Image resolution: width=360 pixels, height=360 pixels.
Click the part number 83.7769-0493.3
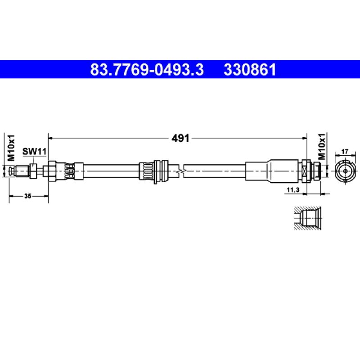point(147,70)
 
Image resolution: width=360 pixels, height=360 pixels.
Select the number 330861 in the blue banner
point(250,70)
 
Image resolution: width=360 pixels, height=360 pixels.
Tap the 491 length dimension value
point(180,138)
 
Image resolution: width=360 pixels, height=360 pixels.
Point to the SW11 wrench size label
point(34,152)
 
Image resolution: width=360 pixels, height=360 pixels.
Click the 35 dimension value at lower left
point(28,196)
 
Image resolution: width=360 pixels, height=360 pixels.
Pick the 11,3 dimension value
point(293,190)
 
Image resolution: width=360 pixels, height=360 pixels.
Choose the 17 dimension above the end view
point(345,152)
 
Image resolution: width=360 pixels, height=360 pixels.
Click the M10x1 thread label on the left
point(11,148)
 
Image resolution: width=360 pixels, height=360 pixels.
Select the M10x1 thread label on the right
point(322,146)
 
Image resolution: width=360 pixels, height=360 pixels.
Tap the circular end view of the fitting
point(345,171)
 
